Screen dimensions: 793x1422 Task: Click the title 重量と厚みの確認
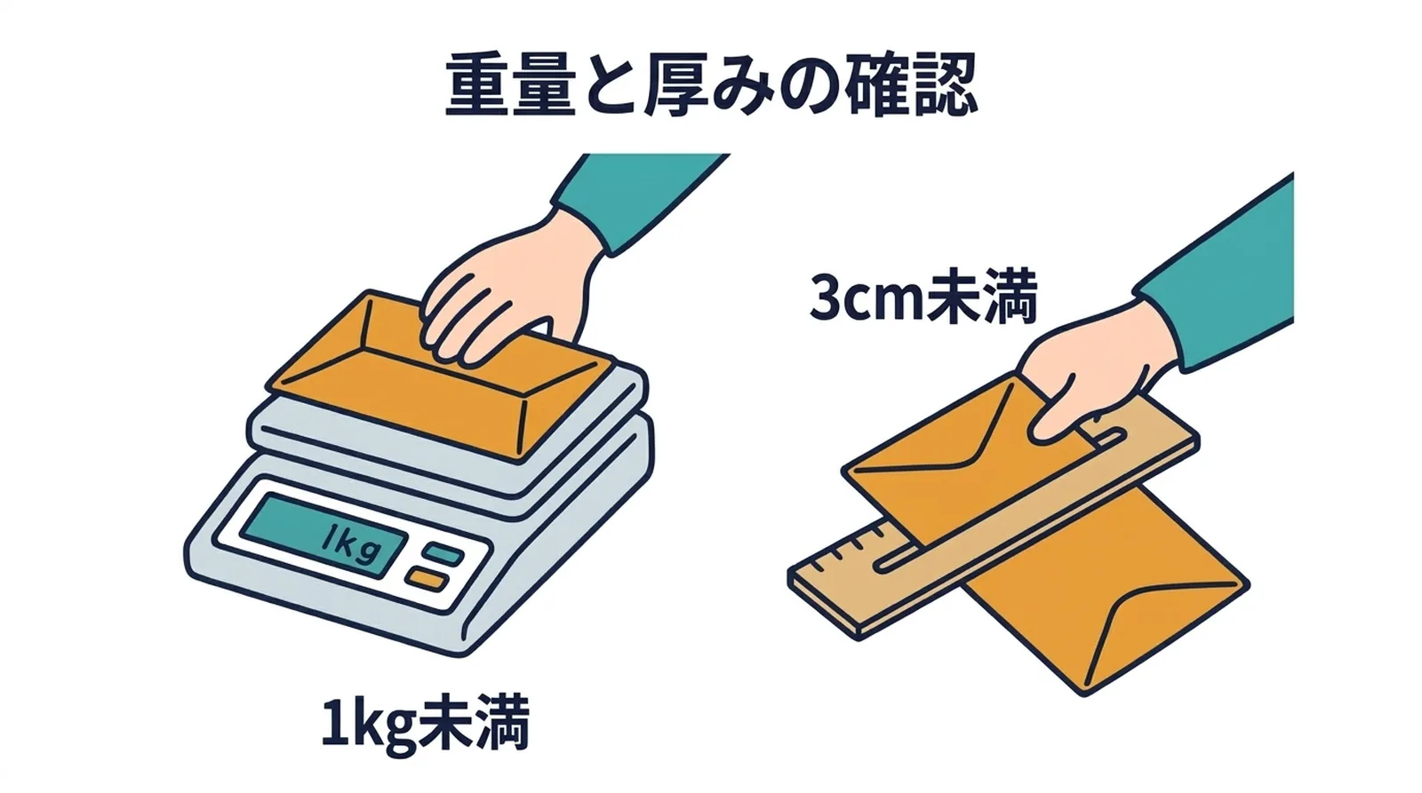(711, 86)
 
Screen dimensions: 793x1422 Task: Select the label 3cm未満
(922, 298)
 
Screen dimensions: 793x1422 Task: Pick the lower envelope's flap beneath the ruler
(1155, 622)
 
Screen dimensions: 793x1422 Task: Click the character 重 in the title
(476, 86)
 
